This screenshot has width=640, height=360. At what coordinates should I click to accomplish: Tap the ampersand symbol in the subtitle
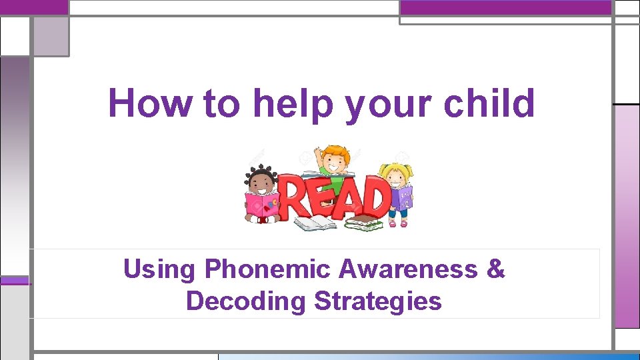click(496, 269)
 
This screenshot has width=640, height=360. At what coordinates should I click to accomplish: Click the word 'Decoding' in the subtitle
click(247, 301)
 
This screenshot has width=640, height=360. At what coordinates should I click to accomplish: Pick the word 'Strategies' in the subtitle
click(378, 301)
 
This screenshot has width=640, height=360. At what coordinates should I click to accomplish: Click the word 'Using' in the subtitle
click(160, 270)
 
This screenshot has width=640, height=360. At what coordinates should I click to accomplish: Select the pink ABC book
click(262, 206)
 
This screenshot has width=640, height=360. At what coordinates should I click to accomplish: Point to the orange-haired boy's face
click(333, 160)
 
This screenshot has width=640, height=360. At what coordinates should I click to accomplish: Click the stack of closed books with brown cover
click(364, 223)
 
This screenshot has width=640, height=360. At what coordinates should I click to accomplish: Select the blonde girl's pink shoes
click(397, 224)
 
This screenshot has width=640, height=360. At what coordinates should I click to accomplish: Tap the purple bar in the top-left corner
click(34, 7)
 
